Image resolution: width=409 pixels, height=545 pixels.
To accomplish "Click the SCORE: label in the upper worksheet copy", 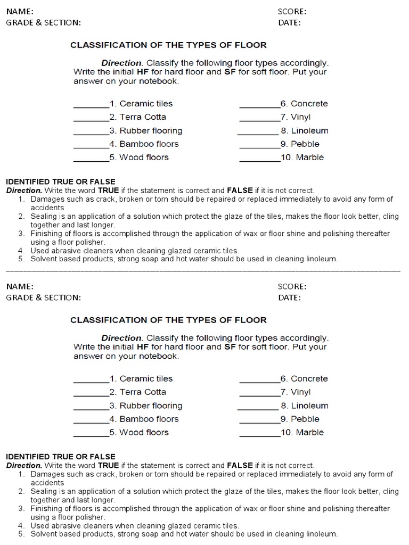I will click(x=292, y=11).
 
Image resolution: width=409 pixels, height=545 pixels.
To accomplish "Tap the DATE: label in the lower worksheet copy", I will click(x=289, y=298).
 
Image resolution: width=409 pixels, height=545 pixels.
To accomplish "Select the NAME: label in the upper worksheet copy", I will click(x=20, y=11).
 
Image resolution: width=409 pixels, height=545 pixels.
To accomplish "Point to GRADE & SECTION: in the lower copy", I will click(x=43, y=298).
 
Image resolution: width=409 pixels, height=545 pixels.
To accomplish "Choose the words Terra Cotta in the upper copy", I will click(x=143, y=117).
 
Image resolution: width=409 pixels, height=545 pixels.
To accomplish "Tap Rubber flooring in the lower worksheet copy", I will click(x=151, y=406).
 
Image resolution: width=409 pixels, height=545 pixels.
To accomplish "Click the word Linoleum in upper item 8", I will click(x=309, y=130).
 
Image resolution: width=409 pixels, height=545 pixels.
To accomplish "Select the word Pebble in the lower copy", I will click(x=305, y=419).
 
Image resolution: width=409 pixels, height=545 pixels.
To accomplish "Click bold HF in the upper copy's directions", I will click(x=142, y=72).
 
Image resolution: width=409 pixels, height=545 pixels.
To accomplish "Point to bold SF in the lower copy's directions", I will click(x=230, y=347).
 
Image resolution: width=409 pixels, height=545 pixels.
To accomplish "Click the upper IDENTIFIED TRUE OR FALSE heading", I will click(x=60, y=181).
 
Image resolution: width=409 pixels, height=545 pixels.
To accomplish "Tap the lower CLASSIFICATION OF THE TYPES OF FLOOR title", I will click(x=168, y=320).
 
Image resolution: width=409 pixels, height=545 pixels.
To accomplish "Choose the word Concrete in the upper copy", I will click(x=309, y=104).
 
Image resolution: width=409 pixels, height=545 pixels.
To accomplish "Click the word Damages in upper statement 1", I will click(x=46, y=199).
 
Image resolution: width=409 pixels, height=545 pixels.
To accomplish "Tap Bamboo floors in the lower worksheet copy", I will click(x=149, y=419).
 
